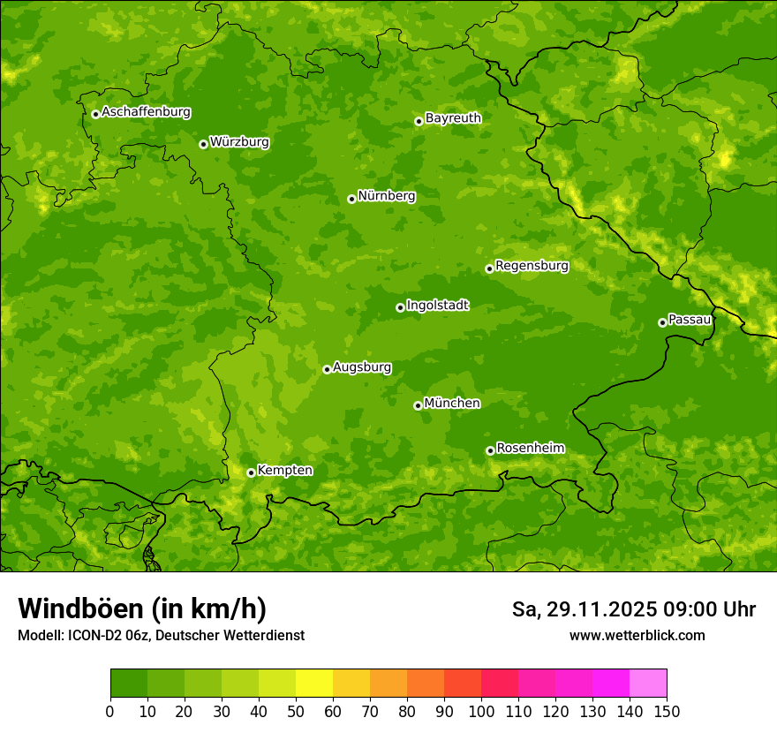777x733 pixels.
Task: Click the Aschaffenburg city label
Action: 146,112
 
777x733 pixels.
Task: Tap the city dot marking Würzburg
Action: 203,144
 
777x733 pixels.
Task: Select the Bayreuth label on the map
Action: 453,117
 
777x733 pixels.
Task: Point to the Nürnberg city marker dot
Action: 351,199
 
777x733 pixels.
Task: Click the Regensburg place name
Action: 532,266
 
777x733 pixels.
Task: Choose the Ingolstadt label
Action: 437,306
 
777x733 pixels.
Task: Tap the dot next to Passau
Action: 662,322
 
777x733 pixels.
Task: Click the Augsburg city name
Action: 362,367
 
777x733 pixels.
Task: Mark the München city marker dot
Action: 418,405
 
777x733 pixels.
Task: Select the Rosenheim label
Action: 530,449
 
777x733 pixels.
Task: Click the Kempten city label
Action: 284,471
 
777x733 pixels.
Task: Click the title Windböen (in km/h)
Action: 141,608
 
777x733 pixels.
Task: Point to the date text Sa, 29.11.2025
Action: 583,609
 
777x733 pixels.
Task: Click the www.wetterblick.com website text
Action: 637,635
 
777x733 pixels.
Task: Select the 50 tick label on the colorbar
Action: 296,711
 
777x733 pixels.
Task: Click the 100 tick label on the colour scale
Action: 481,711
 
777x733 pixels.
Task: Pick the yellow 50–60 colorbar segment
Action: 314,684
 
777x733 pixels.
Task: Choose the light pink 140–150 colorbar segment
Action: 648,684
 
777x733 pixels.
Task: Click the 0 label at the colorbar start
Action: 110,711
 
